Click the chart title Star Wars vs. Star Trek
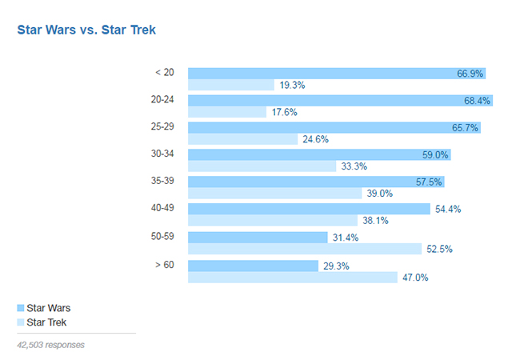(x=86, y=30)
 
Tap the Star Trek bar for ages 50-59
(x=304, y=249)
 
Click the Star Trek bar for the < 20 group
(x=230, y=85)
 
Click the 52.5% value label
(x=439, y=249)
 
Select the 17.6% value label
(x=284, y=113)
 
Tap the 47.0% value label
(x=415, y=278)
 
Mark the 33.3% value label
(x=354, y=166)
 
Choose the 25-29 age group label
(x=162, y=126)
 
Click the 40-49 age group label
(x=162, y=209)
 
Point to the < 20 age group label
(x=164, y=72)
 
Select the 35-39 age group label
(x=162, y=182)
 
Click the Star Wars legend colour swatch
(x=20, y=307)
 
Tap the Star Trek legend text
(x=46, y=322)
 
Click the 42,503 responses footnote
(x=50, y=345)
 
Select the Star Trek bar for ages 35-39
(x=274, y=194)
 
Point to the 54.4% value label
(x=448, y=209)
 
